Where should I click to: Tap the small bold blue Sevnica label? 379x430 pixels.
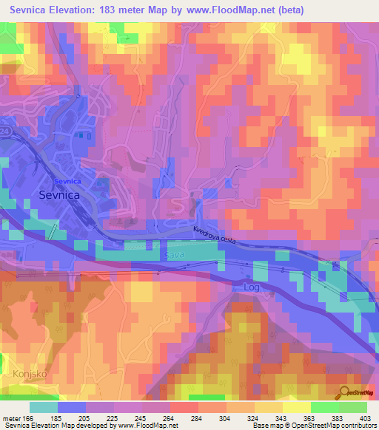67,181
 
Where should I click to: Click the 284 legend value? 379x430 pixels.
197,418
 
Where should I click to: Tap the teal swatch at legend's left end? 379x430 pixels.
44,406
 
